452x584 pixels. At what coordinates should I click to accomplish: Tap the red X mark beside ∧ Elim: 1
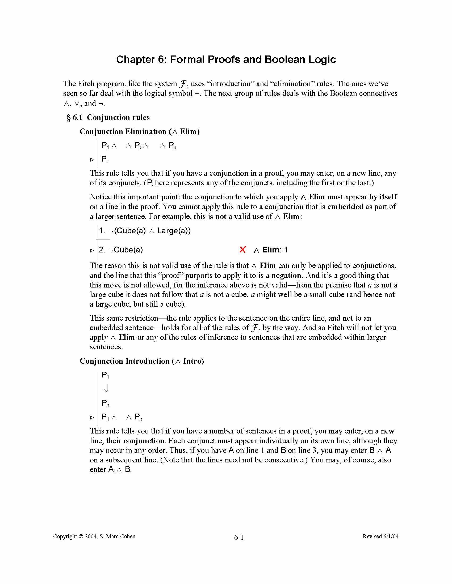click(242, 250)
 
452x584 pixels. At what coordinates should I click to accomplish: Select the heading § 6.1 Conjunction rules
click(108, 117)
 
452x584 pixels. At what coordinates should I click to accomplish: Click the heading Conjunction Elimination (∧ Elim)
click(140, 132)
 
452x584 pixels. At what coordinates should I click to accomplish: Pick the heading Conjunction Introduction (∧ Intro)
click(142, 361)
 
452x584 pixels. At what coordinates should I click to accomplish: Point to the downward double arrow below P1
click(106, 388)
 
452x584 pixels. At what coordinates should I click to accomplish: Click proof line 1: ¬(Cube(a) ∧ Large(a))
click(145, 231)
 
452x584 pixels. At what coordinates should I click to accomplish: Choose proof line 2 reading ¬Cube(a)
click(121, 250)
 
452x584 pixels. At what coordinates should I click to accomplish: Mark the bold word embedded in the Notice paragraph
click(345, 207)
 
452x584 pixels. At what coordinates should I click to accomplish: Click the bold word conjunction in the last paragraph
click(144, 441)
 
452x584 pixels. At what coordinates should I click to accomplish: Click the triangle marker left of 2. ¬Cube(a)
click(92, 251)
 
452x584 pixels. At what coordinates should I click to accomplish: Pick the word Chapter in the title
click(136, 59)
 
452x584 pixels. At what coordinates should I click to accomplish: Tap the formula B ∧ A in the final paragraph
click(380, 450)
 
